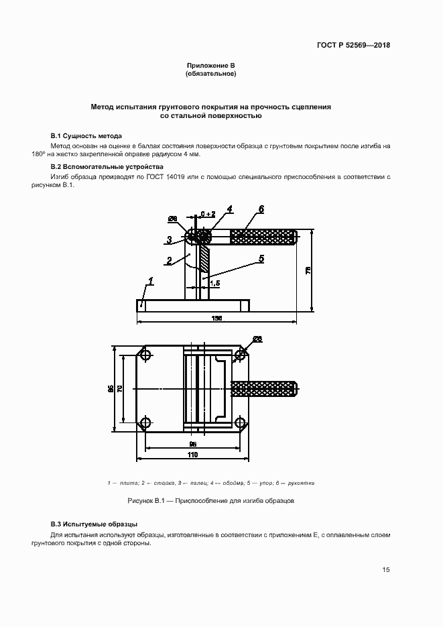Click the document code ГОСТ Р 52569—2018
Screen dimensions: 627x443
(x=353, y=46)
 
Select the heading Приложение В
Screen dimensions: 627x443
(x=210, y=65)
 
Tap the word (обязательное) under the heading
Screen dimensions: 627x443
(x=210, y=73)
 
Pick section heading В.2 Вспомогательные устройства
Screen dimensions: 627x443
(x=107, y=166)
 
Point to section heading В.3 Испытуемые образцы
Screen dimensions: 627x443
(x=94, y=524)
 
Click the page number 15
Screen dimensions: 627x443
(x=385, y=570)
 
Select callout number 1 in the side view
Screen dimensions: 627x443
(x=151, y=282)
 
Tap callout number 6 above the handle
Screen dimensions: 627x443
(x=261, y=209)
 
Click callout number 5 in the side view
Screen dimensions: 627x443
(x=261, y=258)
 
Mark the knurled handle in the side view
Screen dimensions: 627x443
(x=263, y=237)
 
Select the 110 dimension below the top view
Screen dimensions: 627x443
(x=193, y=455)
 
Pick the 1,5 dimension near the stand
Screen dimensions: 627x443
(x=214, y=284)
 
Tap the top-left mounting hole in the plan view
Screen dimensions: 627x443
(x=145, y=355)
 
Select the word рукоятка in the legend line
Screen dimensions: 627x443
(x=301, y=483)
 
